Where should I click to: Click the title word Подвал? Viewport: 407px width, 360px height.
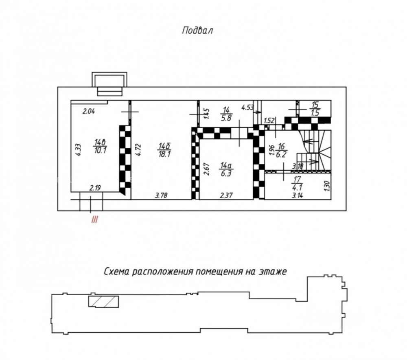point(197,31)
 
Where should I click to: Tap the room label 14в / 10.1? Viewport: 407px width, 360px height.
point(101,146)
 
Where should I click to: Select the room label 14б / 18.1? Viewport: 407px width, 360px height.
point(164,150)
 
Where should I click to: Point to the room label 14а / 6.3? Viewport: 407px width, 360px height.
point(226,169)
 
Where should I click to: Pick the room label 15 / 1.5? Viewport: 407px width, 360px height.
point(315,109)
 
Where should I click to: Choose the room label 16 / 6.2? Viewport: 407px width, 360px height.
point(281,151)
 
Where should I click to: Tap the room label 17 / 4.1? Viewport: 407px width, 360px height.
point(297,183)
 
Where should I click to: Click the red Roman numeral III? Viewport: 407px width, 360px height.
point(94,220)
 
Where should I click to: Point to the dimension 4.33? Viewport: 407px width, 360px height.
point(79,149)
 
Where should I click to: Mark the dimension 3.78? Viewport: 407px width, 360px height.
point(161,195)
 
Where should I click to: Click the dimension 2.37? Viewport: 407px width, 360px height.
point(226,195)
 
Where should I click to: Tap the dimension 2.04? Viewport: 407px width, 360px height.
point(89,112)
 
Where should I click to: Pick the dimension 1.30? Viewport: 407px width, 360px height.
point(327,186)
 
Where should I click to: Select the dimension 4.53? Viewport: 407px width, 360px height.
point(247,107)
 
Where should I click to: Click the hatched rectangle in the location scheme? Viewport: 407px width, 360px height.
point(103,301)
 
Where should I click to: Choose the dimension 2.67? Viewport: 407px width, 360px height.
point(207,169)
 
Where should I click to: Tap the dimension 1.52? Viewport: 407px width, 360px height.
point(269,121)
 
